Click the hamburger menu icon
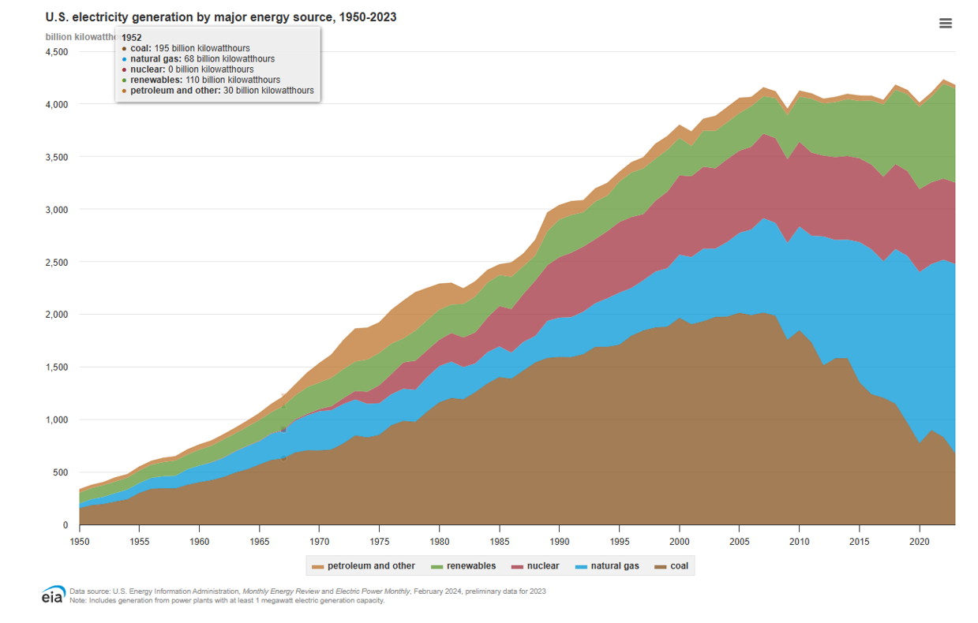pyautogui.click(x=945, y=24)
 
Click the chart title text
pyautogui.click(x=221, y=17)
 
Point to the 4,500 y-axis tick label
pyautogui.click(x=57, y=52)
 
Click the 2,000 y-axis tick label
pyautogui.click(x=57, y=315)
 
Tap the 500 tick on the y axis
pyautogui.click(x=61, y=472)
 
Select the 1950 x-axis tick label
pyautogui.click(x=79, y=542)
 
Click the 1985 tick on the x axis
pyautogui.click(x=499, y=542)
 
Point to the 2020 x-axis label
pyautogui.click(x=919, y=542)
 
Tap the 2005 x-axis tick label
pyautogui.click(x=739, y=542)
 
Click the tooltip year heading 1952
pyautogui.click(x=132, y=37)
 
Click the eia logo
pyautogui.click(x=53, y=595)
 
